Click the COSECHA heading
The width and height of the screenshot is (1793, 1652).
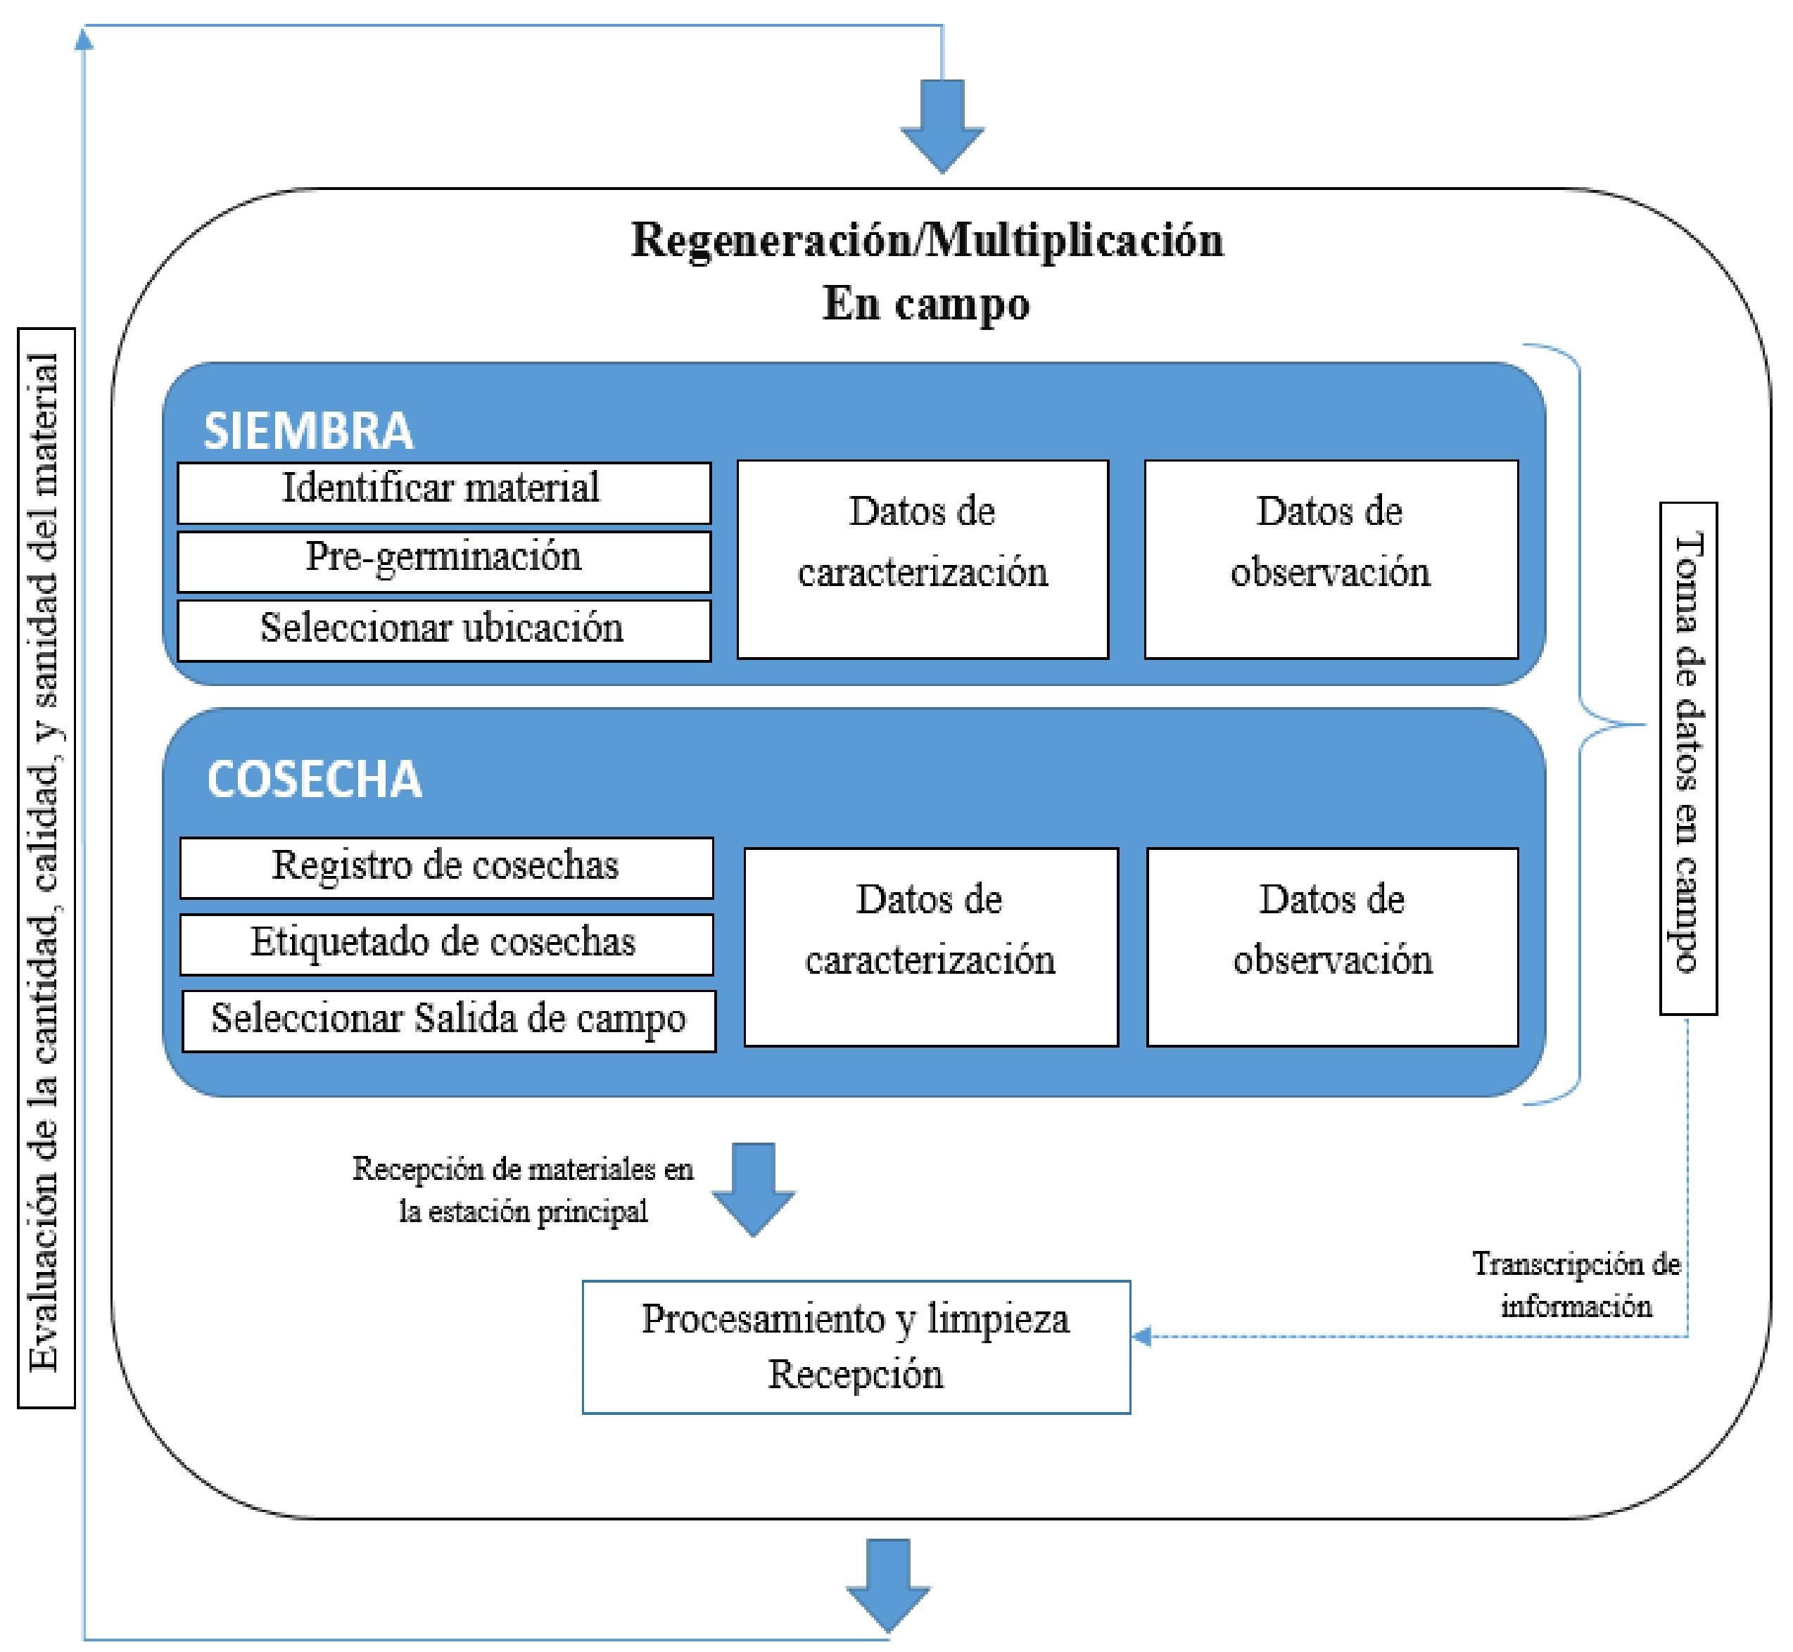[314, 779]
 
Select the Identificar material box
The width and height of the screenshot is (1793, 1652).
[443, 492]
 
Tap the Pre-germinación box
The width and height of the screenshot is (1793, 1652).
[443, 561]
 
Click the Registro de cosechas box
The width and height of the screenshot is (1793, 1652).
[446, 867]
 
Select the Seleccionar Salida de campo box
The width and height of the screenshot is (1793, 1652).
[449, 1020]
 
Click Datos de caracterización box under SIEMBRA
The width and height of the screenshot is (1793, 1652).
[922, 559]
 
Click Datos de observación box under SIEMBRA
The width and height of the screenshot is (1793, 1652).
[1331, 559]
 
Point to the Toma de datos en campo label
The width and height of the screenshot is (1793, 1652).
[1687, 758]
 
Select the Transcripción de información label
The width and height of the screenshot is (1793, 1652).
[1576, 1285]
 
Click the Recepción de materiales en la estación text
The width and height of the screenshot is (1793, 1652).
[523, 1190]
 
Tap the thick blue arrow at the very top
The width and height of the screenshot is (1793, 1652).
[942, 125]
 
